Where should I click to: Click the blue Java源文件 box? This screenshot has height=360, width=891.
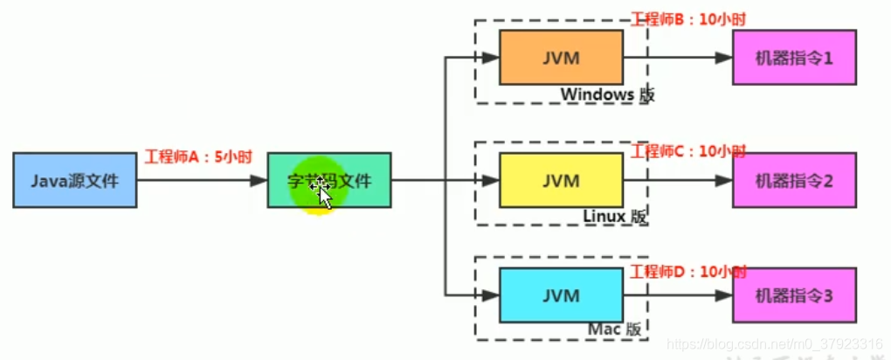pyautogui.click(x=74, y=180)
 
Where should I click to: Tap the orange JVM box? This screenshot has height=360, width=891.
pyautogui.click(x=560, y=58)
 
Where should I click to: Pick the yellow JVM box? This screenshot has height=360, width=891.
pyautogui.click(x=560, y=180)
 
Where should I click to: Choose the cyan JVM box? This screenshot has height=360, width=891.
pyautogui.click(x=560, y=295)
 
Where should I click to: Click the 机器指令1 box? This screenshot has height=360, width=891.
pyautogui.click(x=793, y=58)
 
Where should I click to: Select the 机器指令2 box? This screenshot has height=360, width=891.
pyautogui.click(x=793, y=180)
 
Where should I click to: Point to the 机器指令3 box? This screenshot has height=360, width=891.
pyautogui.click(x=793, y=295)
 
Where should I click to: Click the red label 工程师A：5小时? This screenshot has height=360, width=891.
pyautogui.click(x=197, y=157)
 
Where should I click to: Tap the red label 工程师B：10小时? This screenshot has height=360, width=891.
pyautogui.click(x=687, y=18)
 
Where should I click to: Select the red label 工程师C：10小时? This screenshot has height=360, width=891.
pyautogui.click(x=687, y=151)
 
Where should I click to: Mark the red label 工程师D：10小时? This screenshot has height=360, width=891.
pyautogui.click(x=687, y=272)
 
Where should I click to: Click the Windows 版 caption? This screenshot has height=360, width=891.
pyautogui.click(x=607, y=94)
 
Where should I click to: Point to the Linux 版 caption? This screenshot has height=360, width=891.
pyautogui.click(x=615, y=216)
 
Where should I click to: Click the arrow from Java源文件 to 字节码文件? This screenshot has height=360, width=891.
pyautogui.click(x=201, y=181)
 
